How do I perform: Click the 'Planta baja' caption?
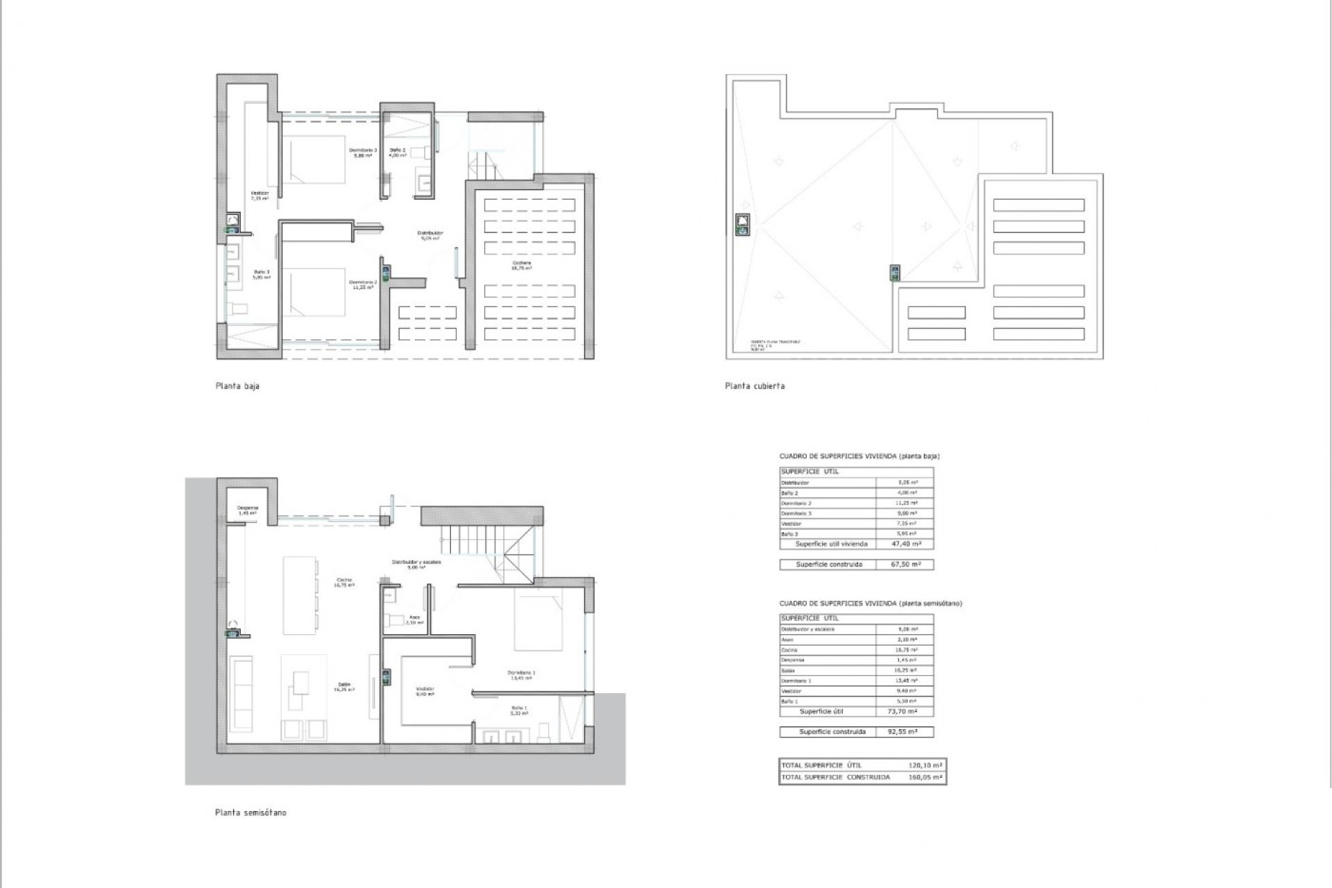pyautogui.click(x=237, y=386)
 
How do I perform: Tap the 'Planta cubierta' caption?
pyautogui.click(x=755, y=386)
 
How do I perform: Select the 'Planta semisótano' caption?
pyautogui.click(x=250, y=812)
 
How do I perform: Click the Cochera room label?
pyautogui.click(x=522, y=265)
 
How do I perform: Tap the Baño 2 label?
pyautogui.click(x=397, y=152)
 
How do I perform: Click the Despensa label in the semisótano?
pyautogui.click(x=248, y=510)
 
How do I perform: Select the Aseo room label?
pyautogui.click(x=414, y=620)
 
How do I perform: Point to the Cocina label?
pyautogui.click(x=344, y=582)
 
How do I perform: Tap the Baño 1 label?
pyautogui.click(x=519, y=710)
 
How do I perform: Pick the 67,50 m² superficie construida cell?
pyautogui.click(x=906, y=565)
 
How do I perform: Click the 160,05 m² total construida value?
pyautogui.click(x=925, y=777)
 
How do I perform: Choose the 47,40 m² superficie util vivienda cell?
pyautogui.click(x=906, y=545)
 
